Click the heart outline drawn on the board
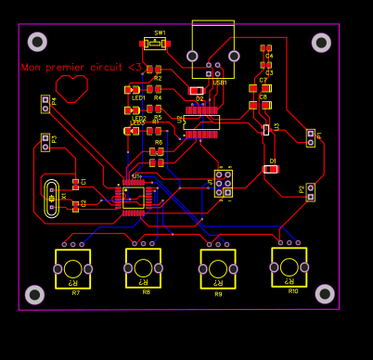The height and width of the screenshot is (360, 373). [71, 88]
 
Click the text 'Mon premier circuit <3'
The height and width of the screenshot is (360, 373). [82, 67]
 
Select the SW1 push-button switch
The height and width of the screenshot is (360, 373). [154, 44]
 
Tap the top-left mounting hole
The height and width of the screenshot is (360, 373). [37, 42]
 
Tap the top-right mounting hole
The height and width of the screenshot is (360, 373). [321, 43]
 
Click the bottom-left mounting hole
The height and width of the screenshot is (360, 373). [34, 294]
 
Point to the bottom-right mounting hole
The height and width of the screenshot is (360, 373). [325, 293]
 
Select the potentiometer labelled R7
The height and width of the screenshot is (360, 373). [72, 269]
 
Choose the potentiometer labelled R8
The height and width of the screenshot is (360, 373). [144, 268]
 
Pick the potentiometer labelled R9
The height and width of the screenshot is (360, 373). [218, 269]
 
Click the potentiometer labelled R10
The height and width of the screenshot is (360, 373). [289, 267]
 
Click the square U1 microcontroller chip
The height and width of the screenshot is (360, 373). [135, 197]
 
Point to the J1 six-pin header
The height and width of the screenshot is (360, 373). [224, 183]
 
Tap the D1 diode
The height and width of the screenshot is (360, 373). [270, 169]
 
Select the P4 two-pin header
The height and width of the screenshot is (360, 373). [45, 103]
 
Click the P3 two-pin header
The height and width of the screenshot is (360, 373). [45, 142]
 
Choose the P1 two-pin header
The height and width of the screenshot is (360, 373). [311, 138]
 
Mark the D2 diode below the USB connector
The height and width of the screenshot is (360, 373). [197, 91]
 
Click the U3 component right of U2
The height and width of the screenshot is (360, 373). [266, 130]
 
